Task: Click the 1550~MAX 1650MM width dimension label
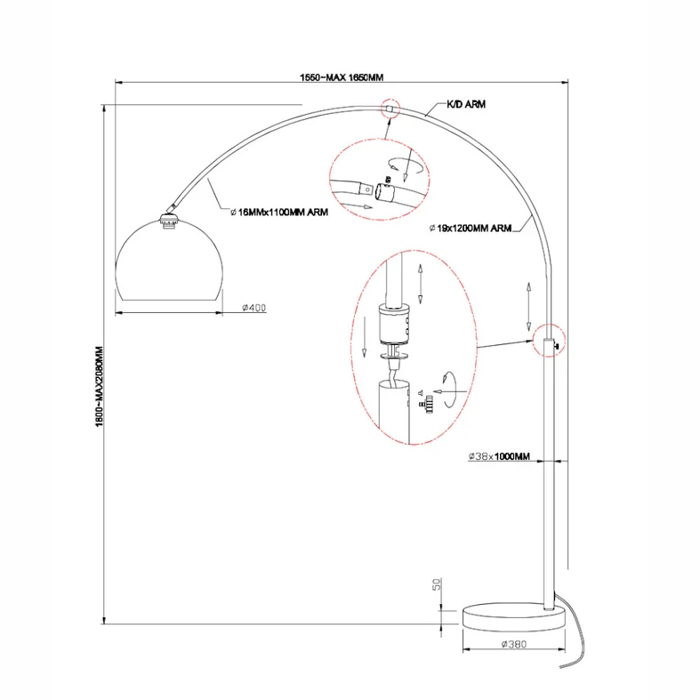342,77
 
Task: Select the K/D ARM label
465,104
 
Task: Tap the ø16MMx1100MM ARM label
279,212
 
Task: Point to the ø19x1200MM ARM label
471,228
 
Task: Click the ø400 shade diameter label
254,308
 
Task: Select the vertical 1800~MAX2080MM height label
99,386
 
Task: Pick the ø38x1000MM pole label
499,456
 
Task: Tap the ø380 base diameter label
514,644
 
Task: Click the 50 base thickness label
437,584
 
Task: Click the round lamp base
513,617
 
